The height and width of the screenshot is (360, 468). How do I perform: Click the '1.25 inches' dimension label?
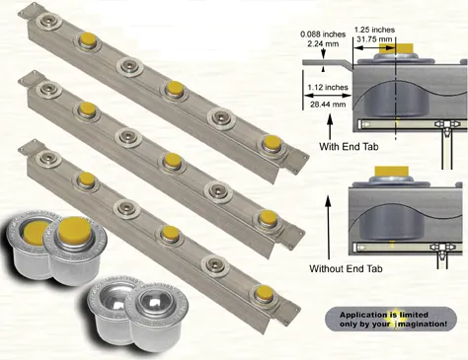[374, 30]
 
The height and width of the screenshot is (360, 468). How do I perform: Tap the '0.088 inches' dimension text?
[323, 35]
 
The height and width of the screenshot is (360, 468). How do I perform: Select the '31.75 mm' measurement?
[374, 39]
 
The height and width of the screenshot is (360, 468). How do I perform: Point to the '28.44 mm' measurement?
[328, 105]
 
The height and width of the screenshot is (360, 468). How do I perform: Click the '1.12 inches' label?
[328, 87]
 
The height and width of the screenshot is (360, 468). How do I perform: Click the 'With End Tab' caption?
[349, 146]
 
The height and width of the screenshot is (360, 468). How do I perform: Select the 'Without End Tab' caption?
[346, 268]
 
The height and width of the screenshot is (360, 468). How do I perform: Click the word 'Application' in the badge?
[363, 315]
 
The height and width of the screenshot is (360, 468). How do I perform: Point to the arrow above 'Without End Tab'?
[328, 228]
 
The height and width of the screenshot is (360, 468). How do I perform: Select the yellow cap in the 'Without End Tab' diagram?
[392, 171]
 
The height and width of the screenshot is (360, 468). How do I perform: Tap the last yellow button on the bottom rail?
[264, 292]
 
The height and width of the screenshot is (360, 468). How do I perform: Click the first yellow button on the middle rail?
[88, 108]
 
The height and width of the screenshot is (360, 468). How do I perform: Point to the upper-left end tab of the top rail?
[28, 12]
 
